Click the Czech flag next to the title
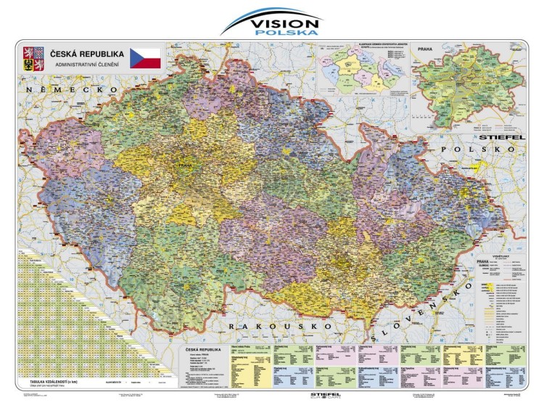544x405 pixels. (145, 58)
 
